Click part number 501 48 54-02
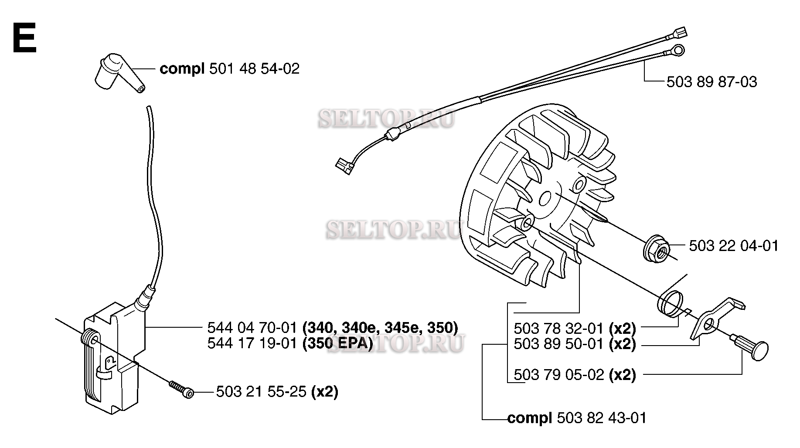pos(254,69)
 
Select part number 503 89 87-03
pos(711,82)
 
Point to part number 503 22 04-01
pos(733,246)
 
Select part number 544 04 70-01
pos(252,327)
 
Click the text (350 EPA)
pos(338,344)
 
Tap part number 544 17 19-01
pos(252,344)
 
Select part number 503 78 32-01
pos(558,328)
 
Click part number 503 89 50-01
pos(558,344)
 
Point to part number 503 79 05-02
pos(558,375)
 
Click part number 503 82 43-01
pos(602,418)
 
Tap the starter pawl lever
pos(715,318)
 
